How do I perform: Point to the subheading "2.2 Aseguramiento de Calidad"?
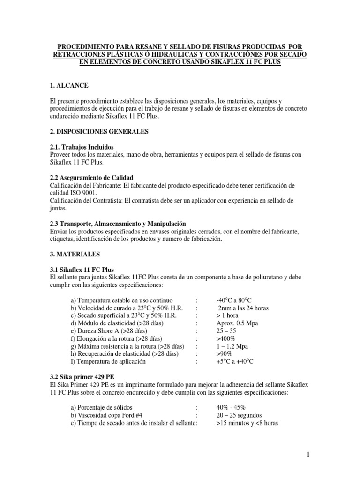point(91,178)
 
